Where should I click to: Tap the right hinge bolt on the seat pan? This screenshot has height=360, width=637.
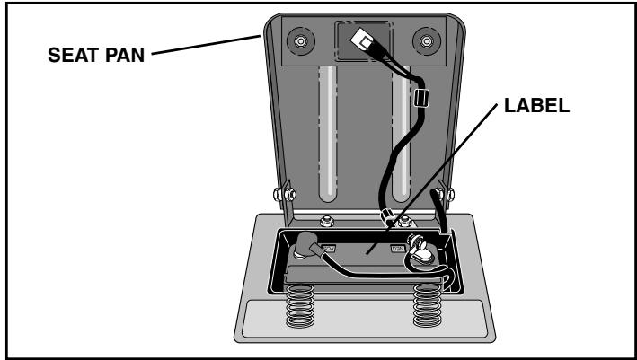point(442,190)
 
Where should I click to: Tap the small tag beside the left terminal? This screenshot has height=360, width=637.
point(329,244)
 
